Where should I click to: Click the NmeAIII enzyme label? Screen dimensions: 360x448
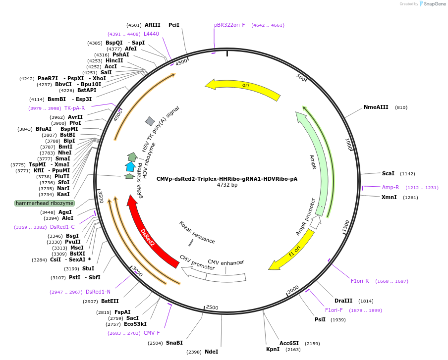pyautogui.click(x=376, y=107)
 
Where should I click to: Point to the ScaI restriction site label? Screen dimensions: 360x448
pyautogui.click(x=388, y=173)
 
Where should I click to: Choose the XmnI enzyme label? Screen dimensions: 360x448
pyautogui.click(x=389, y=197)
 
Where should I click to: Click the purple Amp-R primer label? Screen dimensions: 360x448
pyautogui.click(x=390, y=187)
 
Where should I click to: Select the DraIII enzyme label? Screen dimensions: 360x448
pyautogui.click(x=343, y=301)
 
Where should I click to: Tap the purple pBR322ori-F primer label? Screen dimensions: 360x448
pyautogui.click(x=229, y=25)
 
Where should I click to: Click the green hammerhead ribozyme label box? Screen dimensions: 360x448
pyautogui.click(x=45, y=203)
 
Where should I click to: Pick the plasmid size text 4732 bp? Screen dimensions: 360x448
pyautogui.click(x=227, y=185)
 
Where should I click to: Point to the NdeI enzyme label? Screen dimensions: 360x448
pyautogui.click(x=211, y=352)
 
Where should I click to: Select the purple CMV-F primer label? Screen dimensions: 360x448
pyautogui.click(x=152, y=333)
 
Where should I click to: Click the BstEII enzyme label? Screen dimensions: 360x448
pyautogui.click(x=110, y=301)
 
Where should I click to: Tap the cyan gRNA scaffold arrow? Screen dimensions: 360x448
pyautogui.click(x=130, y=166)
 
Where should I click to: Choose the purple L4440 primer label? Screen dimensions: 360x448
pyautogui.click(x=151, y=34)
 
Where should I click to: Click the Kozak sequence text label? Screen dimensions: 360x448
pyautogui.click(x=197, y=232)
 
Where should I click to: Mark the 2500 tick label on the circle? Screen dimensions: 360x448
pyautogui.click(x=212, y=308)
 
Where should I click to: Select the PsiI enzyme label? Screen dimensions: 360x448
pyautogui.click(x=320, y=319)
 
